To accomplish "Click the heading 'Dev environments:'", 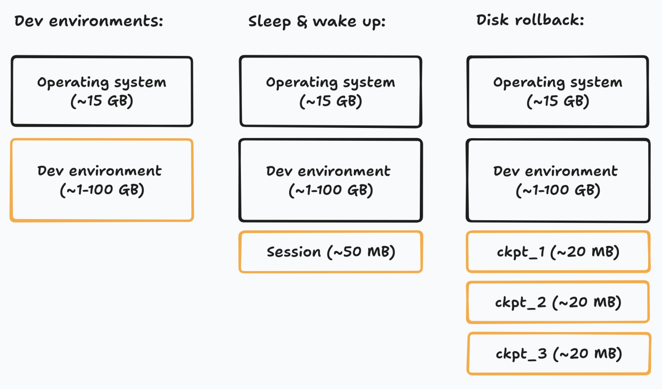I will pyautogui.click(x=89, y=21).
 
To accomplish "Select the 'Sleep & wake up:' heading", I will pyautogui.click(x=316, y=22).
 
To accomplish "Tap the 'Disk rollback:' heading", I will pyautogui.click(x=530, y=20).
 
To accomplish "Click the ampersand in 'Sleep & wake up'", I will pyautogui.click(x=302, y=22).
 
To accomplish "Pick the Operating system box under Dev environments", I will pyautogui.click(x=102, y=91).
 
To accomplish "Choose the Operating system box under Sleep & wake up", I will pyautogui.click(x=331, y=91).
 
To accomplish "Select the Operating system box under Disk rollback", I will pyautogui.click(x=558, y=91).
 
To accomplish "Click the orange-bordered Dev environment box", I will pyautogui.click(x=102, y=180).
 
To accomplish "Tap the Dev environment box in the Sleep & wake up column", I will pyautogui.click(x=331, y=180).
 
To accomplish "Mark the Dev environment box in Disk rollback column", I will pyautogui.click(x=558, y=180).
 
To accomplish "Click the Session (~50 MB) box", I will pyautogui.click(x=331, y=252).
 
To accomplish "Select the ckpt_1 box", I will pyautogui.click(x=558, y=252).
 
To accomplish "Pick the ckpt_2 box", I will pyautogui.click(x=558, y=302).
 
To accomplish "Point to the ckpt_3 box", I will pyautogui.click(x=559, y=354).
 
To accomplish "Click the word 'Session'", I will pyautogui.click(x=294, y=252).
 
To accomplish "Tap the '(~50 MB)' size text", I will pyautogui.click(x=361, y=252).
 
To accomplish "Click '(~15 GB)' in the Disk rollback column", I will pyautogui.click(x=558, y=101).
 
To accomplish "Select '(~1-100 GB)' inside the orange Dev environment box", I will pyautogui.click(x=102, y=190).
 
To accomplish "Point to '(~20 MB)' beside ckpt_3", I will pyautogui.click(x=587, y=354).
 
